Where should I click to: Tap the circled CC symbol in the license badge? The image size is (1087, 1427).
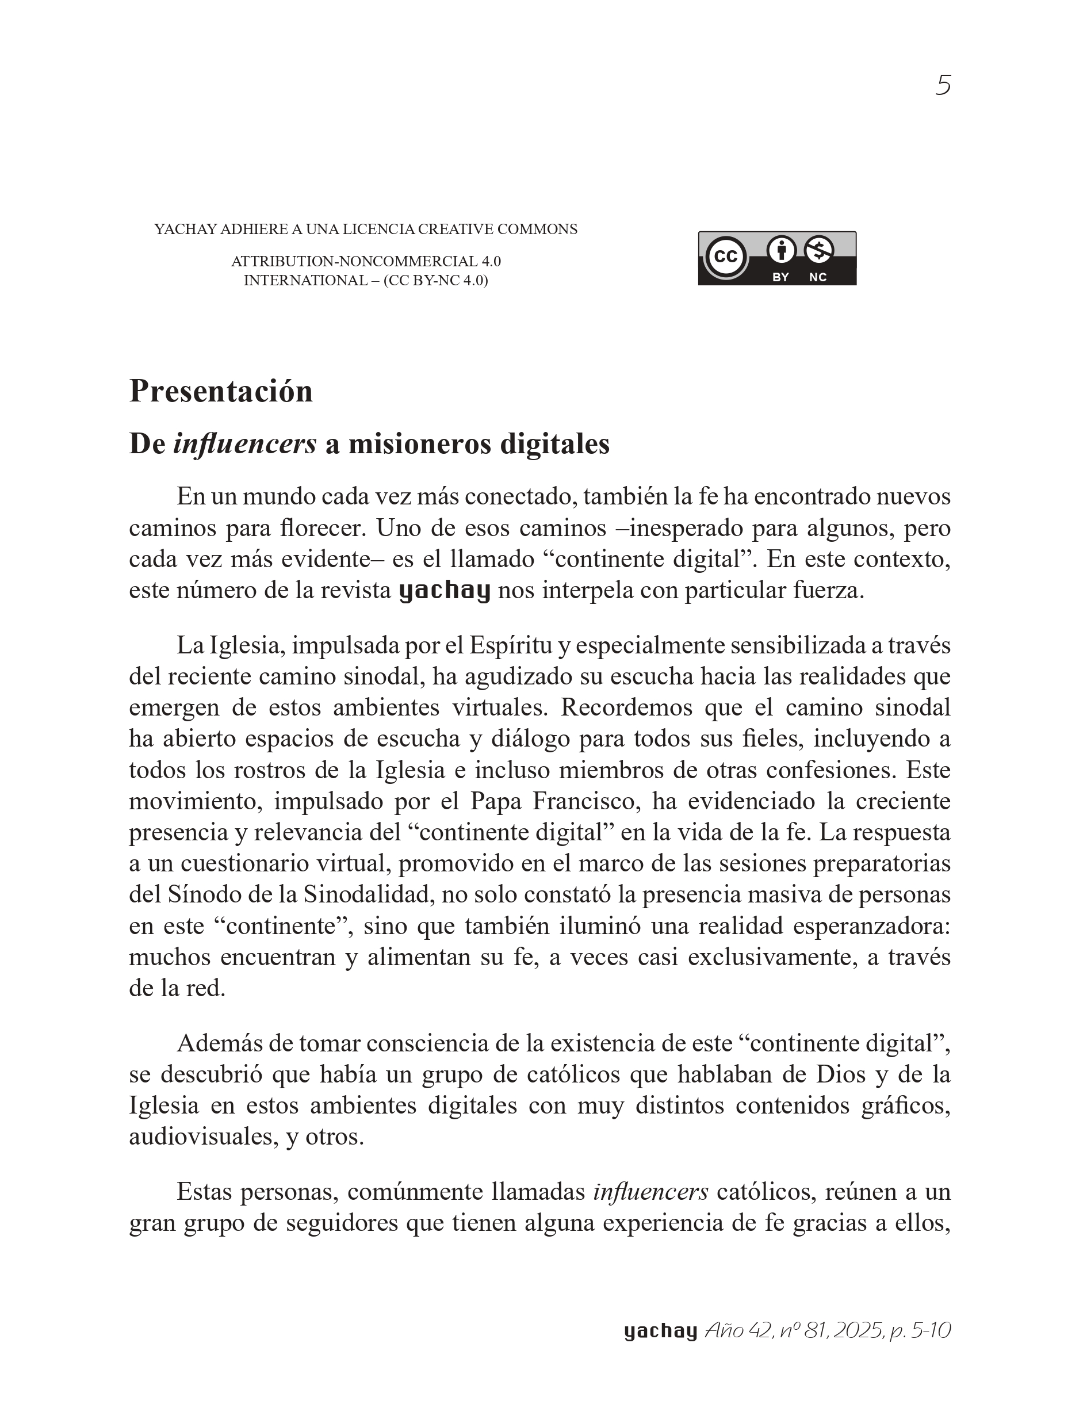click(725, 257)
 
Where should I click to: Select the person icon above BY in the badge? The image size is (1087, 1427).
click(781, 250)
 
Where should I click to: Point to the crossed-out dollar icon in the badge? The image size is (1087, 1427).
click(818, 250)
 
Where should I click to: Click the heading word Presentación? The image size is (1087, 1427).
click(221, 392)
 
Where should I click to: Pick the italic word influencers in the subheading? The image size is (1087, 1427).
click(244, 444)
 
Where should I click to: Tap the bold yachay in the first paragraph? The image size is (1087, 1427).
click(445, 591)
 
